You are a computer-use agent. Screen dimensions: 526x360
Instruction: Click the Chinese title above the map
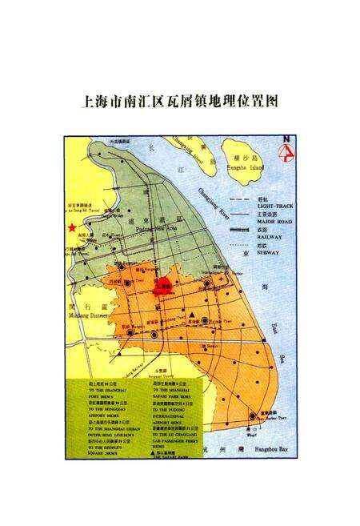point(179,102)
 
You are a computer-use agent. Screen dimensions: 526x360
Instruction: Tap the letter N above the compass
point(286,140)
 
